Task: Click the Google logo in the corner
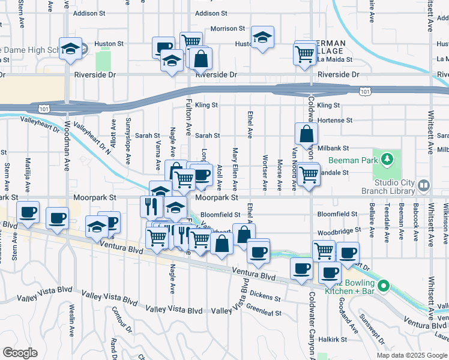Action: pos(20,353)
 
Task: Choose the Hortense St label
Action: pos(334,121)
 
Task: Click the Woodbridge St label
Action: pos(340,230)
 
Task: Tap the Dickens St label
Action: pos(265,296)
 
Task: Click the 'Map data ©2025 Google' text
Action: pos(412,355)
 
